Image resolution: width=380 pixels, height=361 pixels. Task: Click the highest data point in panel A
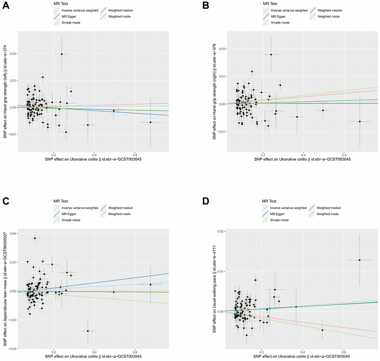pos(62,54)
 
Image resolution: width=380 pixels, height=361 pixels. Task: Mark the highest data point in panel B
pos(271,54)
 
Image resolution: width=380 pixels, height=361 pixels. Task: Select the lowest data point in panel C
pos(88,331)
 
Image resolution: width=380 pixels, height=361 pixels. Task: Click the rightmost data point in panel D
pos(360,260)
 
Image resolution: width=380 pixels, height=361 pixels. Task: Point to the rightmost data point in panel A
pos(151,122)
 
